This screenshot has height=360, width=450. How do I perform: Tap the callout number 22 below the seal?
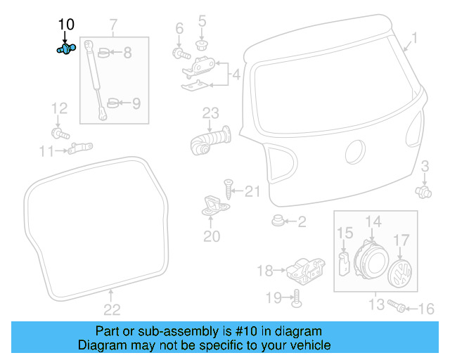(x=112, y=309)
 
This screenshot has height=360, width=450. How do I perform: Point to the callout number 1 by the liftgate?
(x=414, y=38)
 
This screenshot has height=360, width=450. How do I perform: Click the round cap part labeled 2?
(x=278, y=222)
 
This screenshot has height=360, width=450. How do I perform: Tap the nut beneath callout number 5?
(x=202, y=45)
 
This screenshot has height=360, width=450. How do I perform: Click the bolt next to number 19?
(x=295, y=298)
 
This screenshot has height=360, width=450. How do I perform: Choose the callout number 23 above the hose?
(x=212, y=112)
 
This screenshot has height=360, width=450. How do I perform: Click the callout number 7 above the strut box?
(x=114, y=27)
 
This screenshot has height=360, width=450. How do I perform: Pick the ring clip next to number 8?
(x=103, y=52)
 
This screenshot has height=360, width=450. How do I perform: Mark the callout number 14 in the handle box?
(x=373, y=221)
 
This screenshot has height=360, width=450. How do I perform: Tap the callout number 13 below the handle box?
(x=375, y=304)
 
